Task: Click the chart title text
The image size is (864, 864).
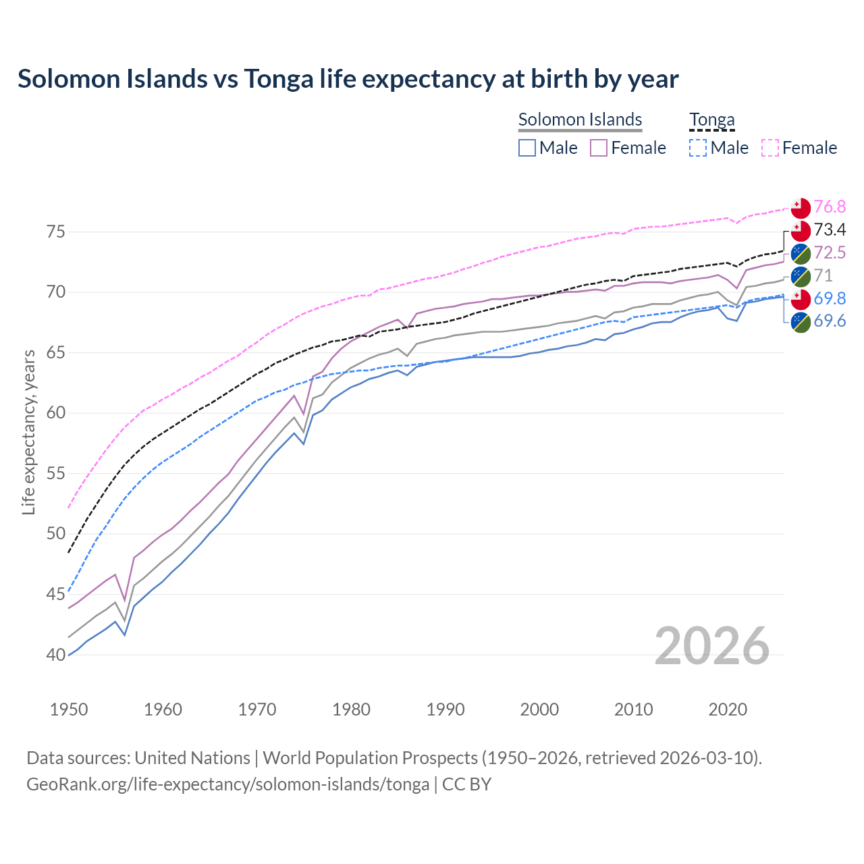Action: pyautogui.click(x=348, y=79)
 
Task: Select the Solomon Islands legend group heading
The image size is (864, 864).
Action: pyautogui.click(x=580, y=119)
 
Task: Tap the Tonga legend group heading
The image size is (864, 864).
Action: pyautogui.click(x=711, y=119)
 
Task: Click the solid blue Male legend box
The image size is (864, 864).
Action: pyautogui.click(x=527, y=148)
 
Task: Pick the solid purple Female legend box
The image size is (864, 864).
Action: pyautogui.click(x=599, y=148)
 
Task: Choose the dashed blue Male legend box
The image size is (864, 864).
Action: pyautogui.click(x=698, y=148)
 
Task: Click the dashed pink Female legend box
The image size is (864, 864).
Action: pyautogui.click(x=770, y=148)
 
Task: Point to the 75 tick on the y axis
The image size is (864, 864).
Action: pyautogui.click(x=56, y=232)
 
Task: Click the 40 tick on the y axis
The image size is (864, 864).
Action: pyautogui.click(x=56, y=655)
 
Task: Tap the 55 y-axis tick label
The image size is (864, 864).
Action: pyautogui.click(x=56, y=474)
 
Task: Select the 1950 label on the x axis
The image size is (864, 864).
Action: pyautogui.click(x=69, y=709)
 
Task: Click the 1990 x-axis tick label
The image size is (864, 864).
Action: pyautogui.click(x=446, y=709)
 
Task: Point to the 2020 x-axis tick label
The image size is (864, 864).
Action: pyautogui.click(x=728, y=709)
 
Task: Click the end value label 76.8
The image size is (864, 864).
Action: pyautogui.click(x=830, y=207)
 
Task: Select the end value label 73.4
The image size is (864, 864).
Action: pyautogui.click(x=830, y=230)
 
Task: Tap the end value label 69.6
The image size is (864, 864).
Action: pyautogui.click(x=830, y=321)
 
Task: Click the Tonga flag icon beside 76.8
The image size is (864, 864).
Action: pyautogui.click(x=801, y=207)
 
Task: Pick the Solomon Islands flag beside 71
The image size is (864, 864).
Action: pyautogui.click(x=801, y=276)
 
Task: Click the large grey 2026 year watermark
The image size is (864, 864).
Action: pyautogui.click(x=712, y=646)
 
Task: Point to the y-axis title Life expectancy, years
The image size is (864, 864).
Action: pyautogui.click(x=28, y=432)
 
